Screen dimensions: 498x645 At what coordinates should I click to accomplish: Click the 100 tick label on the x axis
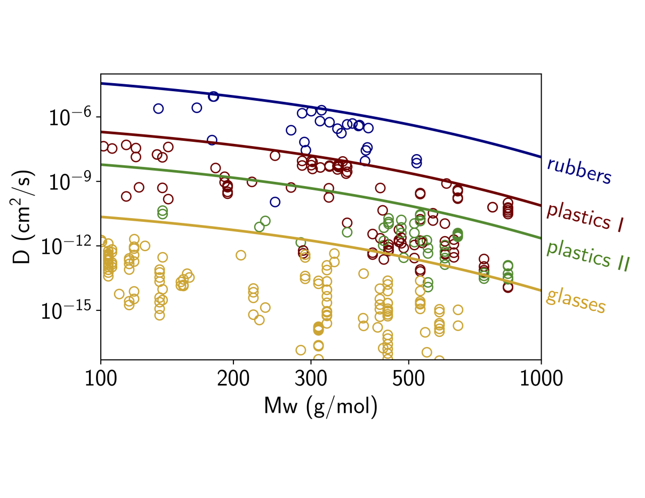pyautogui.click(x=101, y=380)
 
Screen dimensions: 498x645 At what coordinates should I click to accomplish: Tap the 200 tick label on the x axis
pyautogui.click(x=233, y=380)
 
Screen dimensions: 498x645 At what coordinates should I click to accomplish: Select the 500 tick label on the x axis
pyautogui.click(x=408, y=380)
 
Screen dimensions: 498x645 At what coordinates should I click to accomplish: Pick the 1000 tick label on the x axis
pyautogui.click(x=541, y=380)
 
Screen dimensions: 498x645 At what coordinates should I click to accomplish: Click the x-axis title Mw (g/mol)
pyautogui.click(x=321, y=407)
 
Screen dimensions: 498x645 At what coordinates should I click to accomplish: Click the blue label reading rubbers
pyautogui.click(x=579, y=171)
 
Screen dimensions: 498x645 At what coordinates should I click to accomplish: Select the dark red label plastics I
pyautogui.click(x=585, y=218)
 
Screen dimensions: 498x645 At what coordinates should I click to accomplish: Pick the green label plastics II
pyautogui.click(x=588, y=255)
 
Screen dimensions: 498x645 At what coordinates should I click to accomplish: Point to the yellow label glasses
pyautogui.click(x=576, y=302)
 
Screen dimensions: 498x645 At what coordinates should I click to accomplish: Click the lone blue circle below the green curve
pyautogui.click(x=275, y=202)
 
